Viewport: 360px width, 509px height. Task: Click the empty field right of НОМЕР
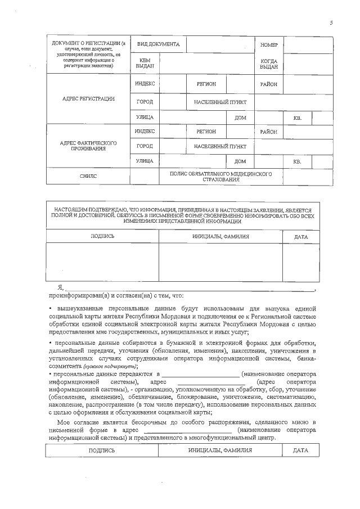pos(301,44)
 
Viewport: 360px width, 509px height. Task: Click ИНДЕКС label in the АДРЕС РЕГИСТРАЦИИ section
pos(145,84)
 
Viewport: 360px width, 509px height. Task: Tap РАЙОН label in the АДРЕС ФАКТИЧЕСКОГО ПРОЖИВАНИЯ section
pos(269,132)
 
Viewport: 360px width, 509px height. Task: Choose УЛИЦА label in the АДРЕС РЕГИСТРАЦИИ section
pos(145,118)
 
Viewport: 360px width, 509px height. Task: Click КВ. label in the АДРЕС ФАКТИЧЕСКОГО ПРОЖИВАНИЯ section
pos(298,162)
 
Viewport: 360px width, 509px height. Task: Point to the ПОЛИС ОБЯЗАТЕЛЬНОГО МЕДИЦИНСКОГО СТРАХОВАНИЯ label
pos(221,177)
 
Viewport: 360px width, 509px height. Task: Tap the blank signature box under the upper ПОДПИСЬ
pos(102,262)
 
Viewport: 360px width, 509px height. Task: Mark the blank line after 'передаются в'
pos(200,375)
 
